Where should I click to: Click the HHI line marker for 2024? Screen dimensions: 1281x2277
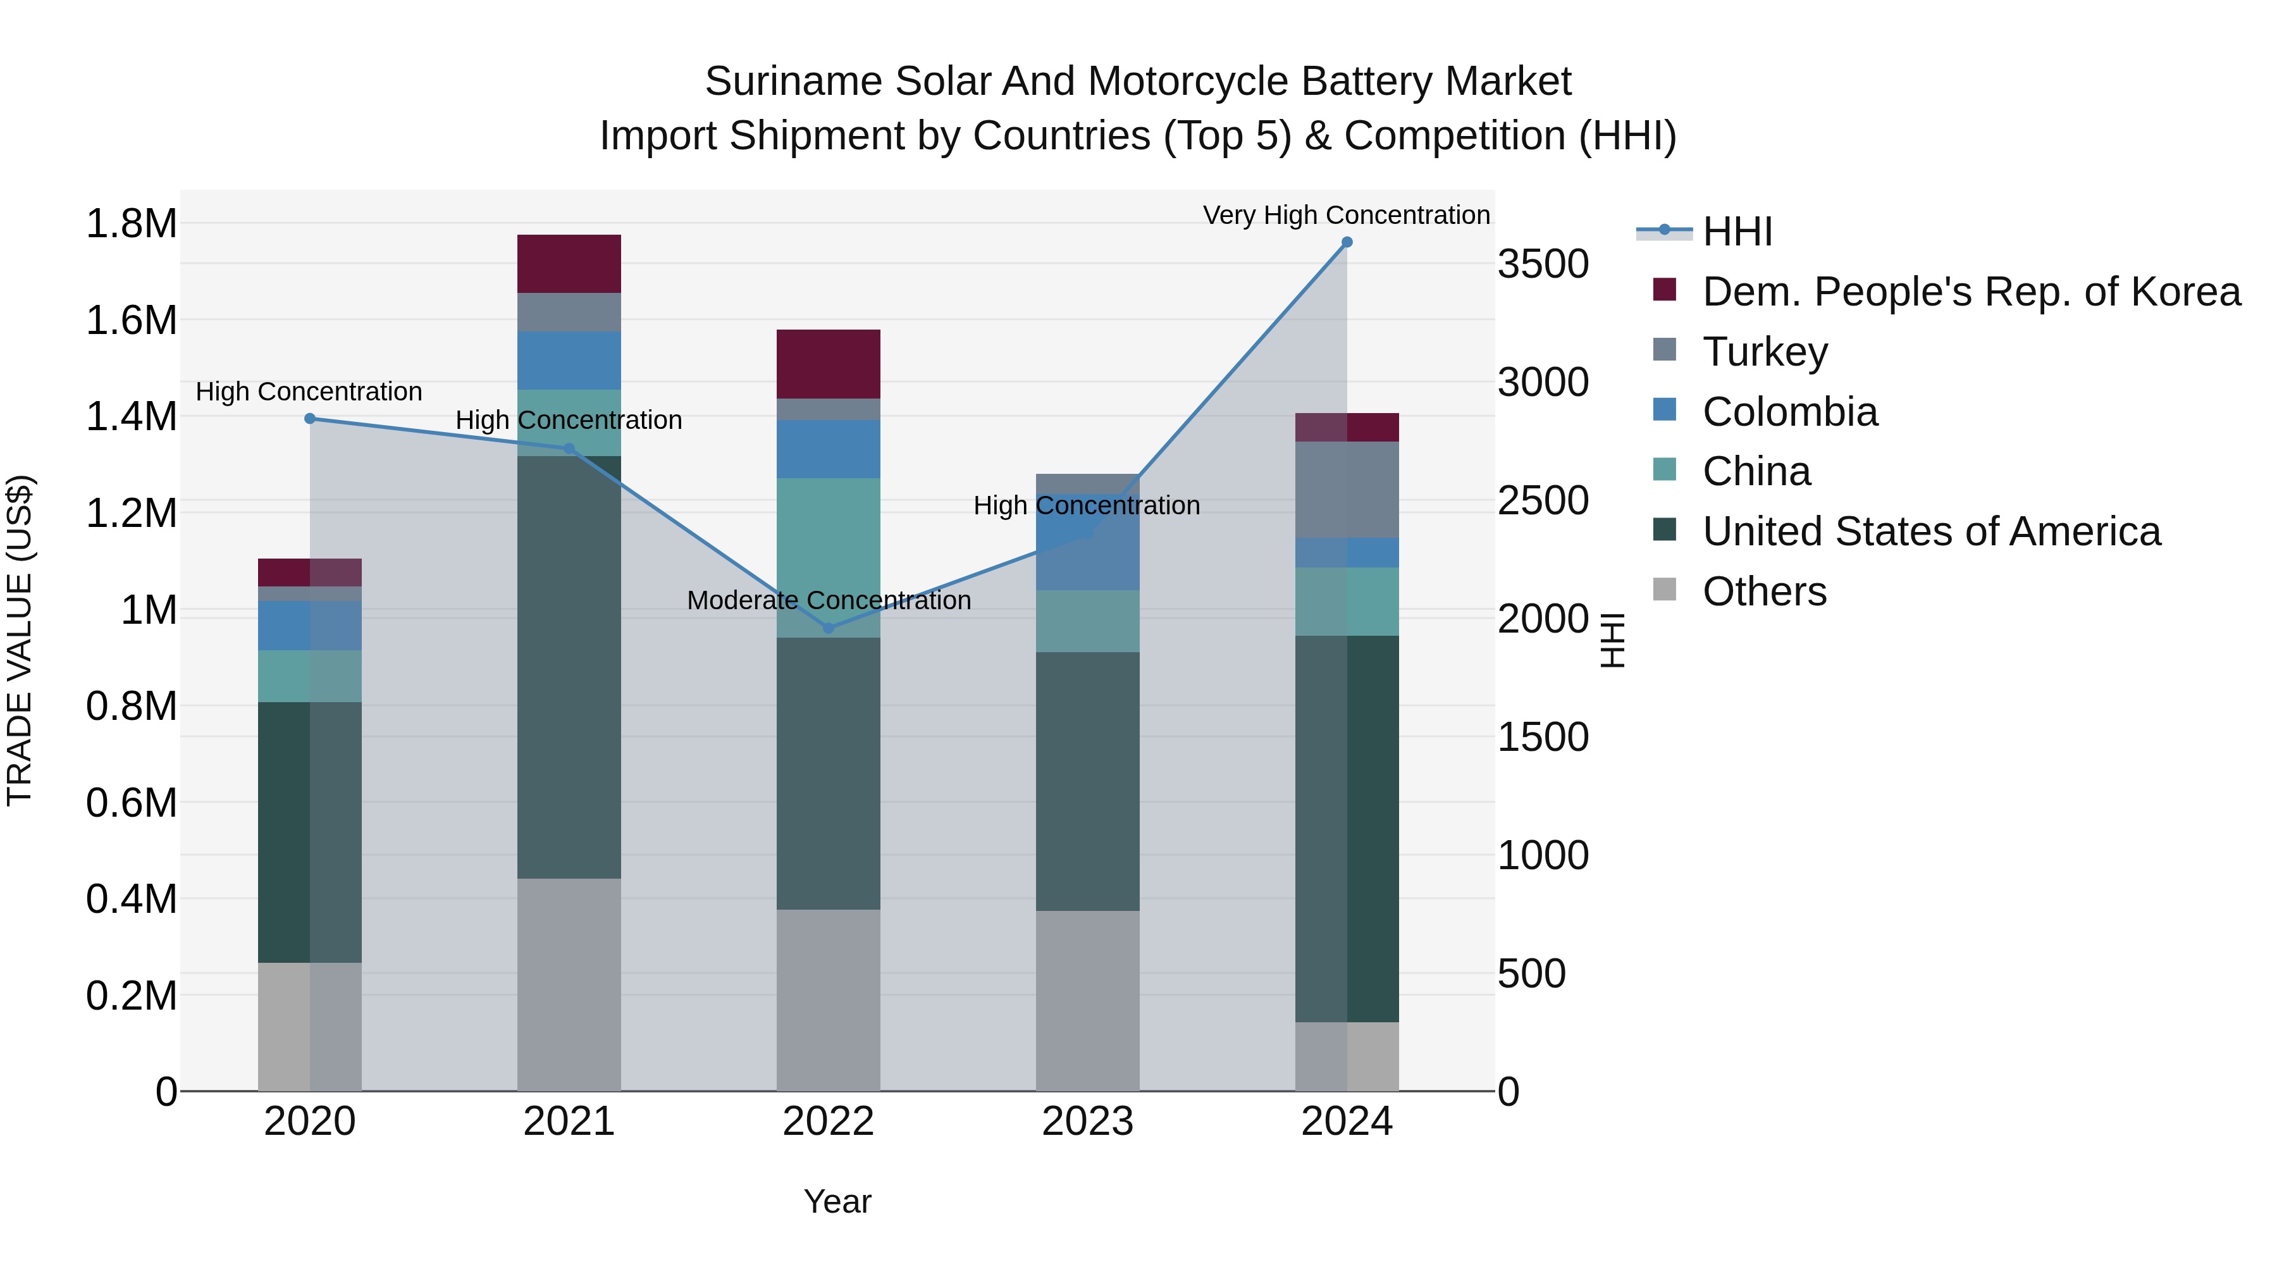pyautogui.click(x=1346, y=242)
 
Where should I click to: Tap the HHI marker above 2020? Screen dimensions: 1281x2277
pyautogui.click(x=309, y=419)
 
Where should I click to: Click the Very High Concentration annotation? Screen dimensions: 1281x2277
pyautogui.click(x=1345, y=215)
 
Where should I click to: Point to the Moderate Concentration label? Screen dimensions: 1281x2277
pyautogui.click(x=828, y=600)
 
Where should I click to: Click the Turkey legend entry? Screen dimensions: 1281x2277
pyautogui.click(x=1764, y=352)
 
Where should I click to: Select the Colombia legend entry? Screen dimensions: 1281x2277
pyautogui.click(x=1789, y=412)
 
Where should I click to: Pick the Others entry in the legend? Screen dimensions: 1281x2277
pyautogui.click(x=1763, y=591)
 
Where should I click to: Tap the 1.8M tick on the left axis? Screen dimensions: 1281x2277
pyautogui.click(x=131, y=224)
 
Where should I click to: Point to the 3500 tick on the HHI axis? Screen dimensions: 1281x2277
pyautogui.click(x=1543, y=264)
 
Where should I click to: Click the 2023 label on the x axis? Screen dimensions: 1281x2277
pyautogui.click(x=1087, y=1122)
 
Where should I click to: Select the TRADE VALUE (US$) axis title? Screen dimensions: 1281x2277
pyautogui.click(x=20, y=640)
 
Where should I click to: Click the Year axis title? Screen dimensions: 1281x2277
pyautogui.click(x=837, y=1201)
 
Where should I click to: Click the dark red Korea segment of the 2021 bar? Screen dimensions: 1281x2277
pyautogui.click(x=569, y=263)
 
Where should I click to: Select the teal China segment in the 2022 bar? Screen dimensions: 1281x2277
pyautogui.click(x=828, y=557)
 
